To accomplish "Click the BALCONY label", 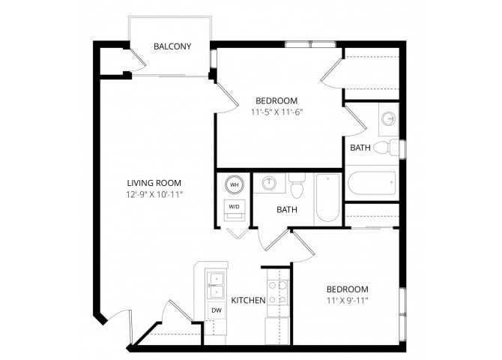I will click(x=172, y=46).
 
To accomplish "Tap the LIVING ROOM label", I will click(x=154, y=183).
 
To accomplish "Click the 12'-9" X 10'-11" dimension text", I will click(x=154, y=194).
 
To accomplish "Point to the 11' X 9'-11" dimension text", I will click(x=346, y=300).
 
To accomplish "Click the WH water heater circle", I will click(x=234, y=184).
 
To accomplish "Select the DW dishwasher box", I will click(x=216, y=310).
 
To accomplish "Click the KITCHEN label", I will click(x=248, y=301).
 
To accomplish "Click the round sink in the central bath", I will click(x=268, y=182).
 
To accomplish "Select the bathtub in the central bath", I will click(x=327, y=197).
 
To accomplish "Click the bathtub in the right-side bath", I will click(x=372, y=182).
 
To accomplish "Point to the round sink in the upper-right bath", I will click(x=389, y=118).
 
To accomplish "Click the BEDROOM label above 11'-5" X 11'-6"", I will click(x=276, y=100).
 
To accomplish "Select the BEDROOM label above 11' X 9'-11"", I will click(x=346, y=289).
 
